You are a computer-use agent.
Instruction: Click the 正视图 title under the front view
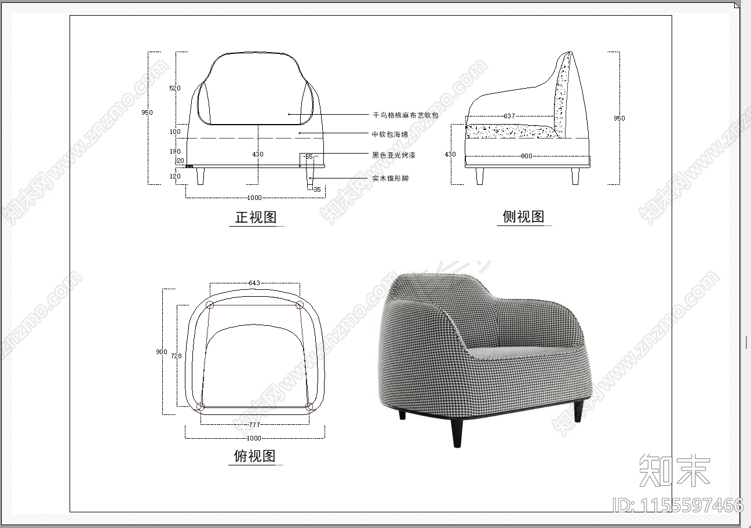point(256,217)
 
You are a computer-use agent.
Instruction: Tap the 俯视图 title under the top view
point(254,456)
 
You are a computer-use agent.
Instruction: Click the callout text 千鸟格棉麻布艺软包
point(405,115)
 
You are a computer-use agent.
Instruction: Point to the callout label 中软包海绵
point(389,134)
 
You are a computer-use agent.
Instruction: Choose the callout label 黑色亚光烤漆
point(393,155)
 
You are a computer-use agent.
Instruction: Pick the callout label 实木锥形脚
point(390,179)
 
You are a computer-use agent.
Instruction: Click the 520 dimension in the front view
point(174,88)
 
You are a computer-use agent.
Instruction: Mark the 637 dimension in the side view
point(509,116)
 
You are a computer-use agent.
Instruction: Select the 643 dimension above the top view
point(254,283)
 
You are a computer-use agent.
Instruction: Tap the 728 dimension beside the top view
point(176,356)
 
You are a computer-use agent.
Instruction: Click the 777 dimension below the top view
point(254,425)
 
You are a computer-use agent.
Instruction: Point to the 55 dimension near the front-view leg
point(309,157)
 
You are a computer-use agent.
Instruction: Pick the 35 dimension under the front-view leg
point(316,190)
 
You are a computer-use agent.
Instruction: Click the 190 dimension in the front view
point(175,151)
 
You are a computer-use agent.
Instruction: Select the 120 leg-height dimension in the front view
point(175,176)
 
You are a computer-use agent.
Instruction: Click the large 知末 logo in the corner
point(674,471)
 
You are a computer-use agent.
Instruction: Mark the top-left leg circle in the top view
point(210,305)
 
